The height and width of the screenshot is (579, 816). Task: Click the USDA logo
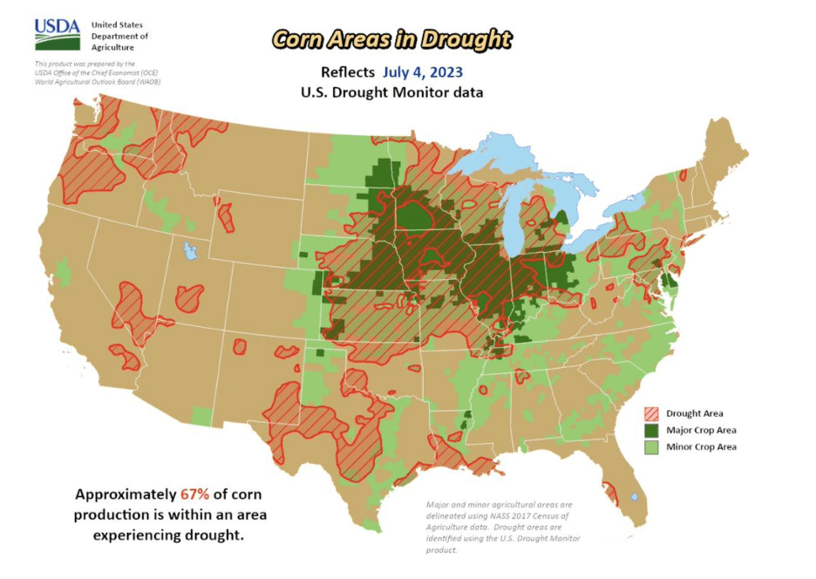58,35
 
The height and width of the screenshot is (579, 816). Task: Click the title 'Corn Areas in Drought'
391,38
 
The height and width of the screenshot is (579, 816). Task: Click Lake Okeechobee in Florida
634,497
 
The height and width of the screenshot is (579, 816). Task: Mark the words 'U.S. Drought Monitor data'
391,92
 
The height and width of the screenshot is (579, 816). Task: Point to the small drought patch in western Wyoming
226,216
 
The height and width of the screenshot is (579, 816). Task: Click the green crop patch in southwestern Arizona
201,416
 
